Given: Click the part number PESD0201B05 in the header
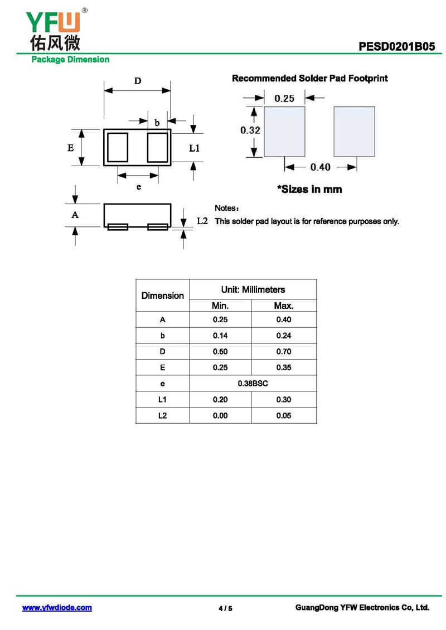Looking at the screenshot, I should [397, 47].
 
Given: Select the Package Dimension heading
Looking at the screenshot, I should [70, 60].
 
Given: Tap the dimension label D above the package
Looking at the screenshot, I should [137, 81].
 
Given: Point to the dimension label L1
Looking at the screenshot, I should [194, 148].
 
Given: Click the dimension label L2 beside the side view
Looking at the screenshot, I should [202, 221].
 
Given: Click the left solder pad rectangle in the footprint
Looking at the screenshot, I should [284, 132].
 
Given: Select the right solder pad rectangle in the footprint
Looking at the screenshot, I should [354, 132].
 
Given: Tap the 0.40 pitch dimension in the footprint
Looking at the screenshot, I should [320, 167].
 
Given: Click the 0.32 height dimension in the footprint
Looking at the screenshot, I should [250, 130].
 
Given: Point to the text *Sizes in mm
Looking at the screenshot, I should [309, 190].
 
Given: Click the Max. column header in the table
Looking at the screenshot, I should [284, 306].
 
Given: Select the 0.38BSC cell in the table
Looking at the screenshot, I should [253, 384].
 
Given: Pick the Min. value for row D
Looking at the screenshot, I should [220, 352].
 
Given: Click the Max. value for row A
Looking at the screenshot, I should [284, 319].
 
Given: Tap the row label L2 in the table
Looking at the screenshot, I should [162, 415].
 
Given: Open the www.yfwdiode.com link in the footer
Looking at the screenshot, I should [57, 608].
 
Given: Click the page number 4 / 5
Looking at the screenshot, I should [225, 608].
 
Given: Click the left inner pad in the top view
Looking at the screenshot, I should [118, 148].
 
